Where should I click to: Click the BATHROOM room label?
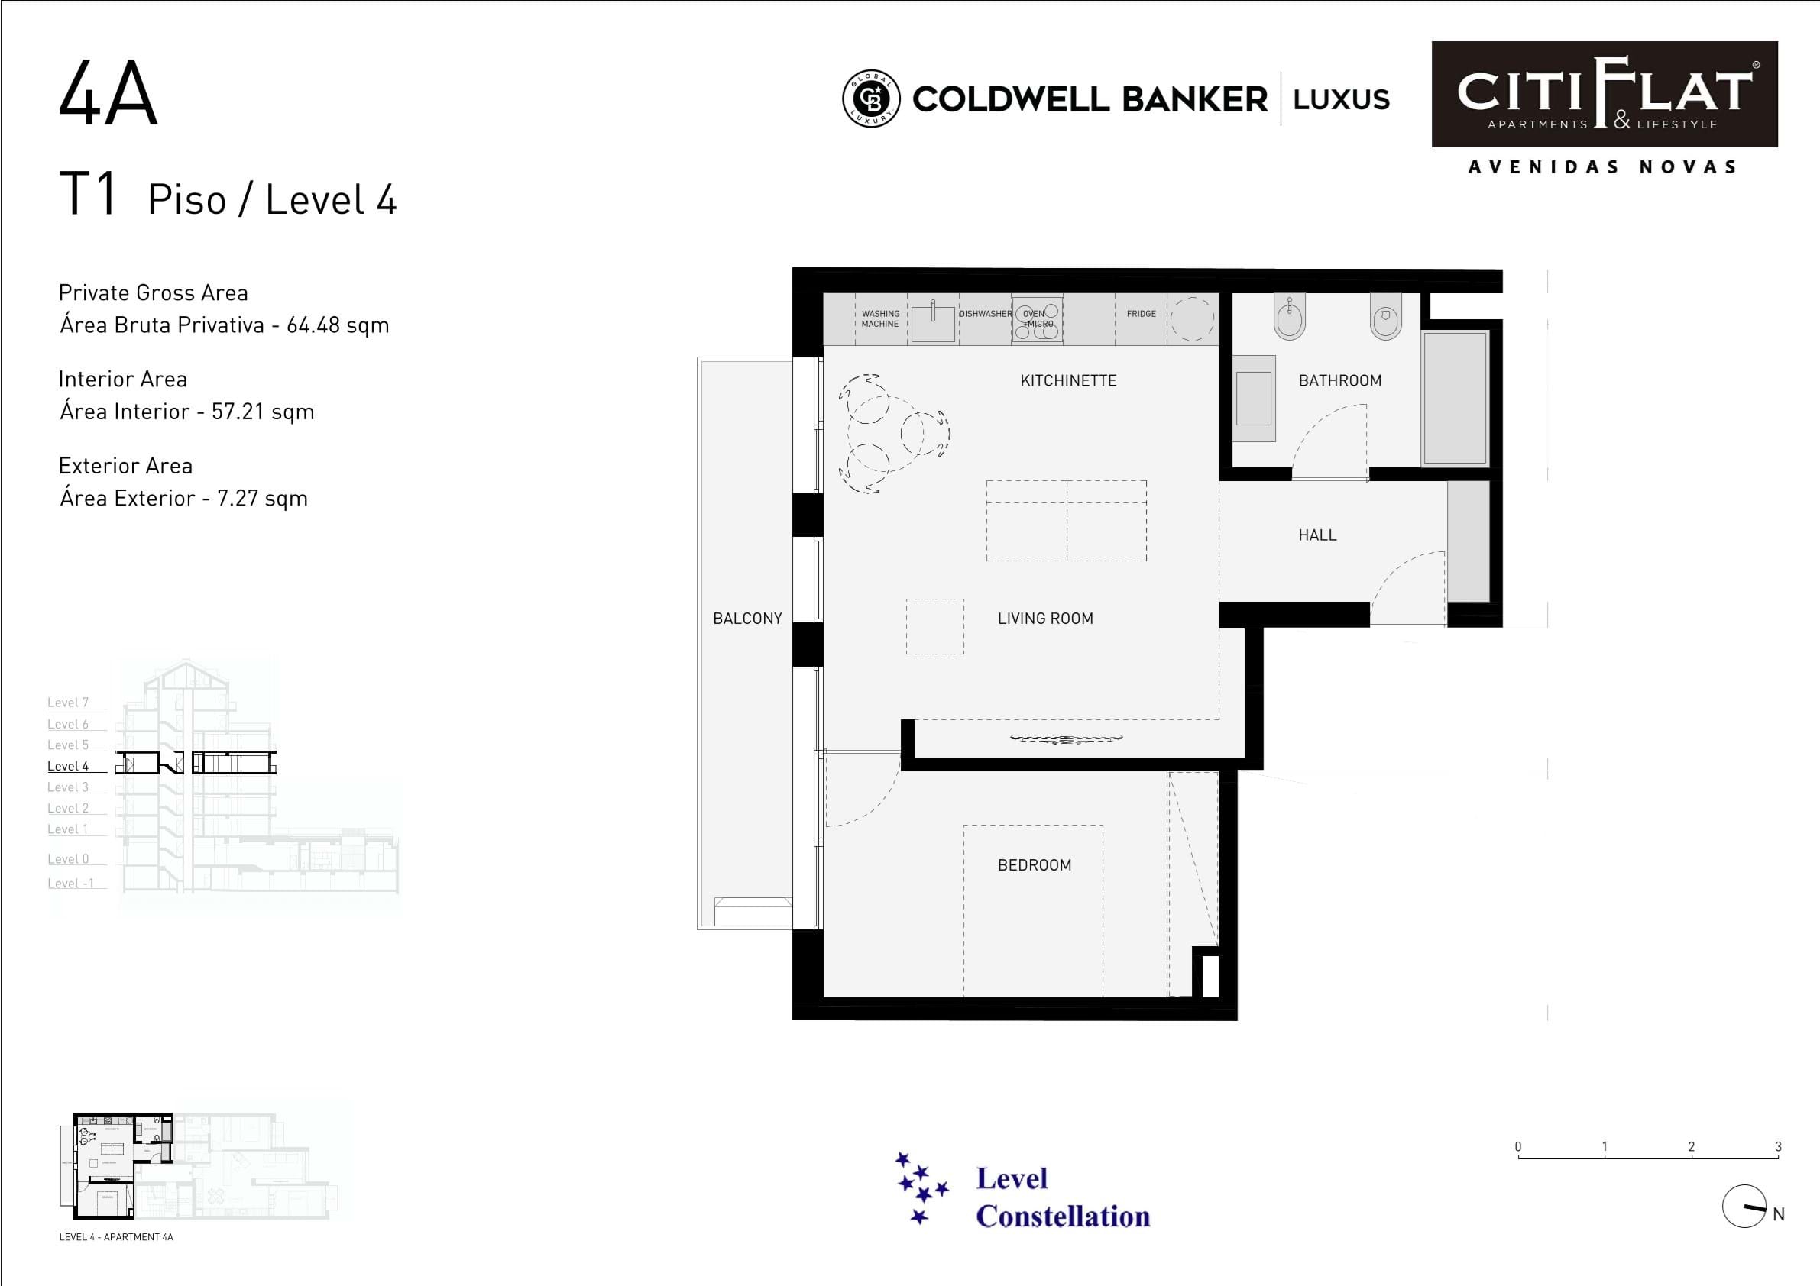click(1339, 380)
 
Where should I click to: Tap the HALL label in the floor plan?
click(1316, 535)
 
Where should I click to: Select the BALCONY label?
click(746, 618)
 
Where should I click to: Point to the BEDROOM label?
click(1034, 865)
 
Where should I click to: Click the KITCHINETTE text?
click(1067, 380)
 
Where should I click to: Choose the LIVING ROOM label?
click(1044, 618)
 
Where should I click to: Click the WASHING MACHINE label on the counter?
click(880, 318)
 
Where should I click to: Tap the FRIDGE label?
click(1141, 314)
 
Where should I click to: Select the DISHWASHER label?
click(985, 314)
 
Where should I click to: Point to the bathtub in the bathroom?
click(1455, 398)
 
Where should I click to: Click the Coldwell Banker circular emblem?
click(870, 99)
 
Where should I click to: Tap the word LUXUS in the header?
click(1341, 100)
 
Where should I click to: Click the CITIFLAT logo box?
click(1605, 94)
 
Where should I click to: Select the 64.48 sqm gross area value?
click(338, 325)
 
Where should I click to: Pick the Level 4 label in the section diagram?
click(68, 766)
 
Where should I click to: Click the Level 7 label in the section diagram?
click(68, 703)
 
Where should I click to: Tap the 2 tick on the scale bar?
click(1691, 1147)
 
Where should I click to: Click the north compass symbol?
click(1744, 1207)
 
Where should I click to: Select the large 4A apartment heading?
click(108, 93)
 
